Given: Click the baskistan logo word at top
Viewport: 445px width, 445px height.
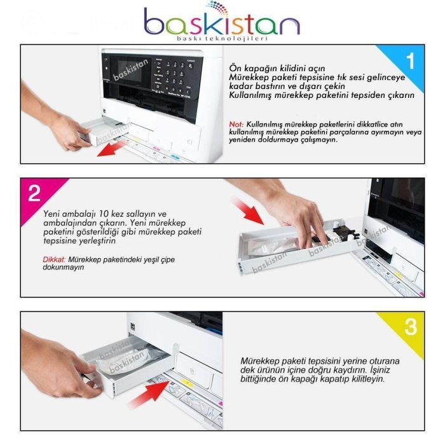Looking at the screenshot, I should tap(222, 24).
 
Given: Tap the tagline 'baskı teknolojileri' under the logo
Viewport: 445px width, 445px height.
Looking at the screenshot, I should tap(222, 39).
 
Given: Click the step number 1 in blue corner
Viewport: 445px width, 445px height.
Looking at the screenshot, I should tap(410, 61).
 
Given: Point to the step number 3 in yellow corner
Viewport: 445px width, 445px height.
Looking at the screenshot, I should tap(411, 327).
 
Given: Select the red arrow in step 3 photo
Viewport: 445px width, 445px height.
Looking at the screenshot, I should tap(146, 399).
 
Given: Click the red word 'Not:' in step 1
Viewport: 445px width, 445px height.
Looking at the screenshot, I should tap(236, 124).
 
